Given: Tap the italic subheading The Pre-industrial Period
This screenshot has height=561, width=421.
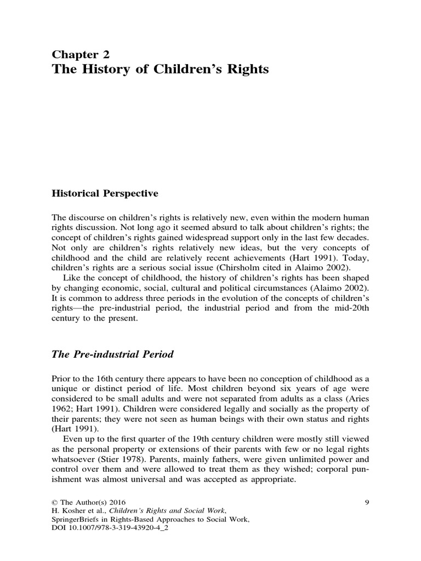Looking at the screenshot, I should pyautogui.click(x=112, y=354).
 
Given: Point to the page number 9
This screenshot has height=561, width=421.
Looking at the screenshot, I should pyautogui.click(x=366, y=501).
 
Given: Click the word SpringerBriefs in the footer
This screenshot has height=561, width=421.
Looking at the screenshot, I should pyautogui.click(x=78, y=519).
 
